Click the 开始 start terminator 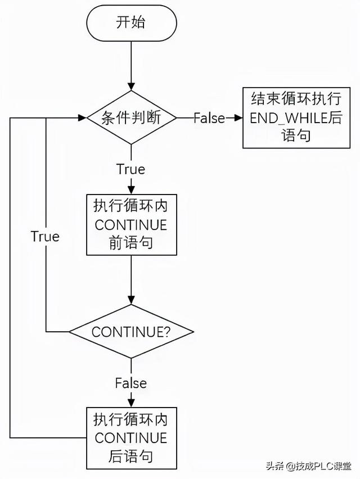[x=130, y=24]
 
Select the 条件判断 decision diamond [x=130, y=118]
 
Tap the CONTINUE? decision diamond [x=130, y=332]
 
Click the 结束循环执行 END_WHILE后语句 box [x=296, y=118]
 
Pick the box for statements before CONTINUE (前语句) [x=130, y=225]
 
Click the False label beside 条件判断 [x=209, y=118]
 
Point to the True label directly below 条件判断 [x=130, y=169]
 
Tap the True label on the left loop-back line [x=45, y=236]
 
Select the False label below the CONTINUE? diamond [x=130, y=383]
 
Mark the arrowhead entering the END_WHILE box [x=238, y=118]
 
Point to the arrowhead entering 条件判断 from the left [x=80, y=118]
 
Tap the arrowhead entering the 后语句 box [x=130, y=402]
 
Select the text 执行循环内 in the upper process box [x=130, y=206]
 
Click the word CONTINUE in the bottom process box [x=130, y=437]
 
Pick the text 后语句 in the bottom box [x=130, y=455]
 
